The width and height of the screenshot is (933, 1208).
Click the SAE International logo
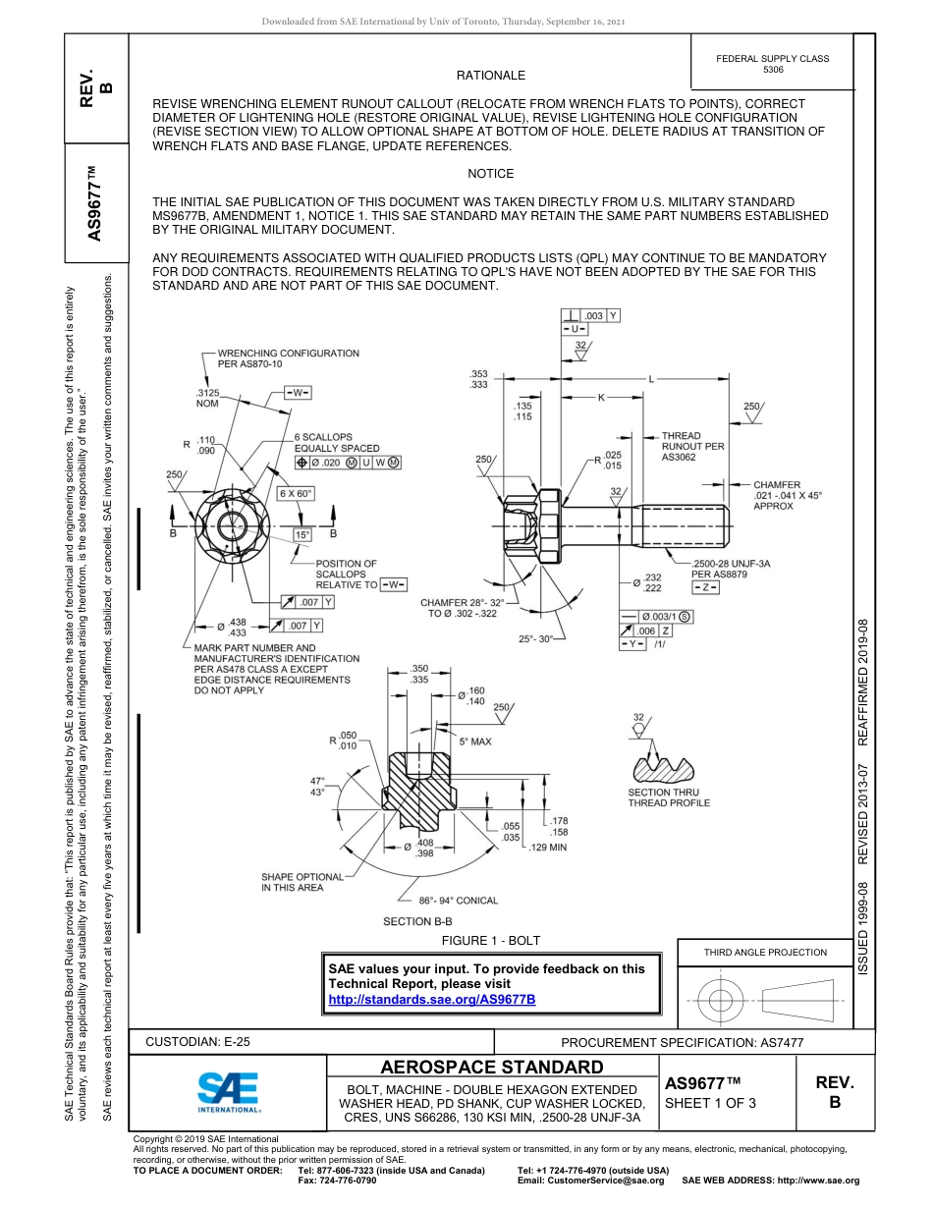tap(229, 1090)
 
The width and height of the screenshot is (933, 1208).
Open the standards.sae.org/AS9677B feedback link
tap(431, 999)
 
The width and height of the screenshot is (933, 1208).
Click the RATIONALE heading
tap(490, 76)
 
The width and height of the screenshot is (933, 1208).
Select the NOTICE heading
tap(490, 174)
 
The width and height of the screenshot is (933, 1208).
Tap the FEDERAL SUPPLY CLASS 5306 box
tap(772, 64)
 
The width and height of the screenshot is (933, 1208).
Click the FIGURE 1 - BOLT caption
tap(490, 940)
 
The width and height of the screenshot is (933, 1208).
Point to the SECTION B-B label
tap(417, 921)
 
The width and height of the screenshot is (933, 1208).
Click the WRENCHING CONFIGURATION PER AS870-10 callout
tap(288, 358)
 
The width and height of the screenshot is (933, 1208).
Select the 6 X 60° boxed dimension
tap(297, 493)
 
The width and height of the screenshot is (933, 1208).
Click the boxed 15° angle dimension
tap(303, 534)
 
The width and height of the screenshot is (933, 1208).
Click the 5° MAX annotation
tap(475, 741)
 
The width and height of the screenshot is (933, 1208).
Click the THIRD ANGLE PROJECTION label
tap(765, 952)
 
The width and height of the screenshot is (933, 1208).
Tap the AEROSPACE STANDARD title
tap(492, 1068)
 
